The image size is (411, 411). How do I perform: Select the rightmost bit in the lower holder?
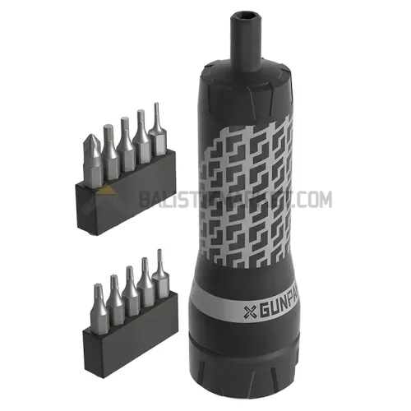pyautogui.click(x=157, y=275)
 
